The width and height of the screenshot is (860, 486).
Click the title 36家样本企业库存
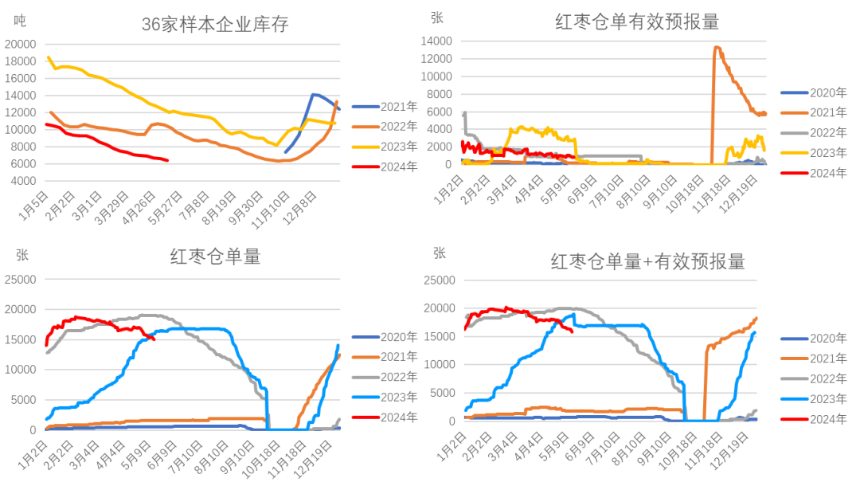pyautogui.click(x=215, y=25)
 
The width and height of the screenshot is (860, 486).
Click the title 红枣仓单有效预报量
pyautogui.click(x=637, y=22)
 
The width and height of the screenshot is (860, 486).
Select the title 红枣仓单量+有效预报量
pyautogui.click(x=648, y=261)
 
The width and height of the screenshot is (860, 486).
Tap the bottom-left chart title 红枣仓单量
pyautogui.click(x=215, y=257)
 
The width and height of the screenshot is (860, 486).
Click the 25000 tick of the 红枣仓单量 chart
pyautogui.click(x=21, y=279)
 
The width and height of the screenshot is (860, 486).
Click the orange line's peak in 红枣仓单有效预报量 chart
pyautogui.click(x=716, y=47)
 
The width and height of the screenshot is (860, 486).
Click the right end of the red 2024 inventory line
pyautogui.click(x=168, y=161)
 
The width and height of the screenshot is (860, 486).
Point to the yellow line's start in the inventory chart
pyautogui.click(x=48, y=57)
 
